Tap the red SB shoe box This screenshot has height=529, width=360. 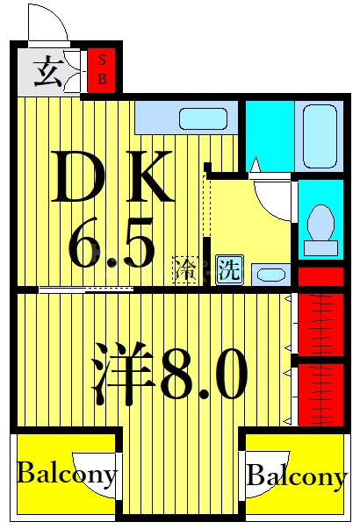103,70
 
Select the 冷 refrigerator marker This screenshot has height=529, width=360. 185,268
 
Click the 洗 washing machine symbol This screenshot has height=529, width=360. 227,268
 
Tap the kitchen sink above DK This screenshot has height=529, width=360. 203,118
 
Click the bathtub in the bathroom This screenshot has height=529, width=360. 320,137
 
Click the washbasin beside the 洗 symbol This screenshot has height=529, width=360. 271,275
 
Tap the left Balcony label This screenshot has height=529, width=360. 67,475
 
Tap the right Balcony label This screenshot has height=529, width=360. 296,477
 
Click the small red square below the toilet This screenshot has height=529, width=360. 320,276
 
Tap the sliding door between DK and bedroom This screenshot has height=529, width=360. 86,290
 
